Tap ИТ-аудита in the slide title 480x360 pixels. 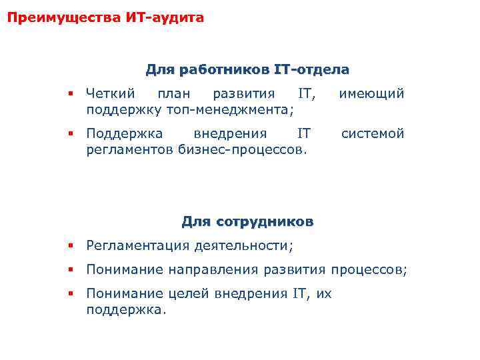point(165,18)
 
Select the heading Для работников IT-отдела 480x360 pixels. point(247,69)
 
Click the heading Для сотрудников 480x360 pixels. point(247,221)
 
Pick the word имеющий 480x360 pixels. point(371,93)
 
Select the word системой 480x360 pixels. point(373,134)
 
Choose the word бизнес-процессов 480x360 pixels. point(243,149)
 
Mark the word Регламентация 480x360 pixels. point(138,245)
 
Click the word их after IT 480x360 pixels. point(323,294)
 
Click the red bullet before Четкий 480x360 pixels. point(70,94)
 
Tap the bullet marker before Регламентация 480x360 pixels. point(70,245)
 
